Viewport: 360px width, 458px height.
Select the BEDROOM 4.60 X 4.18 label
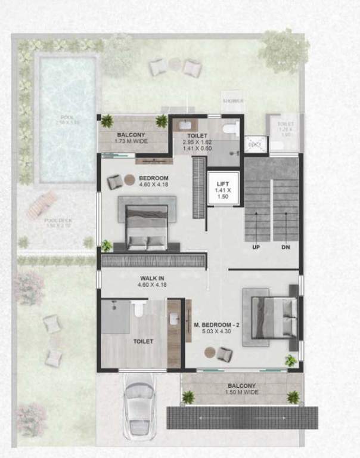[154, 181]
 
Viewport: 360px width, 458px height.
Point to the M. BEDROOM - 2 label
[216, 329]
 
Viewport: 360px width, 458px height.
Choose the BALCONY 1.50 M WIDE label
[241, 390]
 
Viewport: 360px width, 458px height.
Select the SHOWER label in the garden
[233, 101]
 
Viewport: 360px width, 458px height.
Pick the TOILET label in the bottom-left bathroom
[144, 341]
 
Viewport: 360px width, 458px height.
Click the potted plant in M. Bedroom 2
[290, 360]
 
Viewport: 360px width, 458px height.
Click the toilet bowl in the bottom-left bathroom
[138, 308]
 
